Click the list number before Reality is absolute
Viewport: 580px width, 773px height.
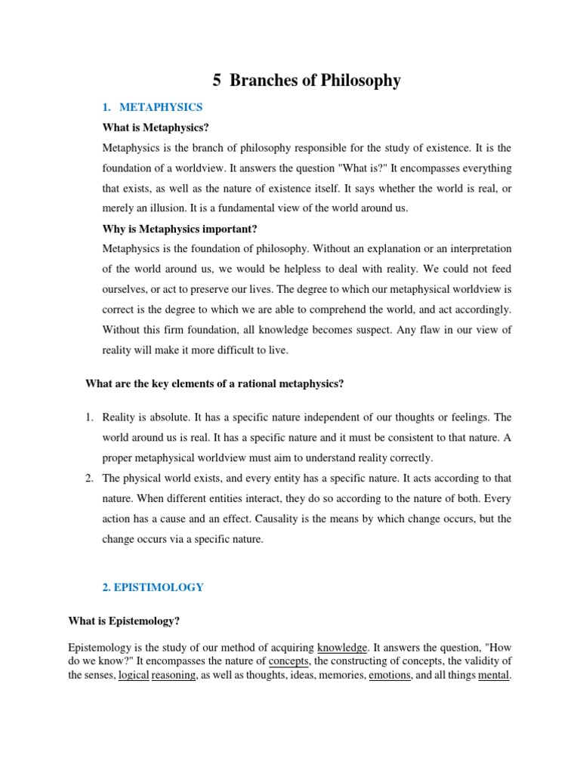[88, 417]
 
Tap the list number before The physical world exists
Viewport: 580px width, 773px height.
[88, 479]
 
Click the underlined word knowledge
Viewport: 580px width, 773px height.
[342, 648]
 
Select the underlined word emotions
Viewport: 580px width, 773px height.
[390, 675]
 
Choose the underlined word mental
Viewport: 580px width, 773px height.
[494, 675]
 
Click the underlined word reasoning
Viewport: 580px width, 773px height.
[174, 675]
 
